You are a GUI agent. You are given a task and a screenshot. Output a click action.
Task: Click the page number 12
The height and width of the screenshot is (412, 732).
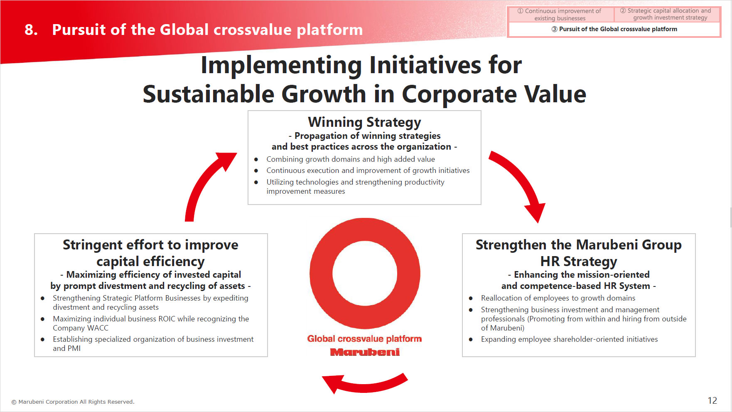pyautogui.click(x=712, y=400)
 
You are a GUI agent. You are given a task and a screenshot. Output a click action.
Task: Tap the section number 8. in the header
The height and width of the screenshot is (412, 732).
pyautogui.click(x=31, y=30)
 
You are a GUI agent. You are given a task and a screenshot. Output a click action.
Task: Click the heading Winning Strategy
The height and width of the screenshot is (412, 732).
pyautogui.click(x=364, y=122)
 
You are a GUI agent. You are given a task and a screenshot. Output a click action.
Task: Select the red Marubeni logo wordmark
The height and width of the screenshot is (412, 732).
pyautogui.click(x=365, y=352)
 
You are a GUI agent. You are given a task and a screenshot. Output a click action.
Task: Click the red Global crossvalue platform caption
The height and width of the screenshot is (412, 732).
pyautogui.click(x=364, y=339)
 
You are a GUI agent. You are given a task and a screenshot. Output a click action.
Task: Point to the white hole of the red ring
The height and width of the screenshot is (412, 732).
pyautogui.click(x=365, y=273)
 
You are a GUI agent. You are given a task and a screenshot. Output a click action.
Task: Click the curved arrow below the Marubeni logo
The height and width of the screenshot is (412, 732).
pyautogui.click(x=365, y=385)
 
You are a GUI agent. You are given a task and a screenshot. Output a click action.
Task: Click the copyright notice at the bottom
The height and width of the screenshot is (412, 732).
pyautogui.click(x=73, y=402)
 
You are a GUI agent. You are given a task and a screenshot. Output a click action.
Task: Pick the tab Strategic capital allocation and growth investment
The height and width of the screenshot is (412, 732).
pyautogui.click(x=667, y=15)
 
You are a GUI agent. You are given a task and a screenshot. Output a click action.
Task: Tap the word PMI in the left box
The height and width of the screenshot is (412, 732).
pyautogui.click(x=74, y=348)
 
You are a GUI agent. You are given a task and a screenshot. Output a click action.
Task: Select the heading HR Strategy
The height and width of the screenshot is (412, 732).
pyautogui.click(x=579, y=261)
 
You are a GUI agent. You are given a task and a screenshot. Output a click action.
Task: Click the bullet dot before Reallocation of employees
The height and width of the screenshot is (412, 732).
pyautogui.click(x=471, y=298)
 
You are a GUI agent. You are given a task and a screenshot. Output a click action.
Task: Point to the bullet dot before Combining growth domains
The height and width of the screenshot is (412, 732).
pyautogui.click(x=256, y=159)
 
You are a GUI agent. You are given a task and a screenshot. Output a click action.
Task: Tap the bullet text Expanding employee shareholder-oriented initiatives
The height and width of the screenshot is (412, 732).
pyautogui.click(x=569, y=339)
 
